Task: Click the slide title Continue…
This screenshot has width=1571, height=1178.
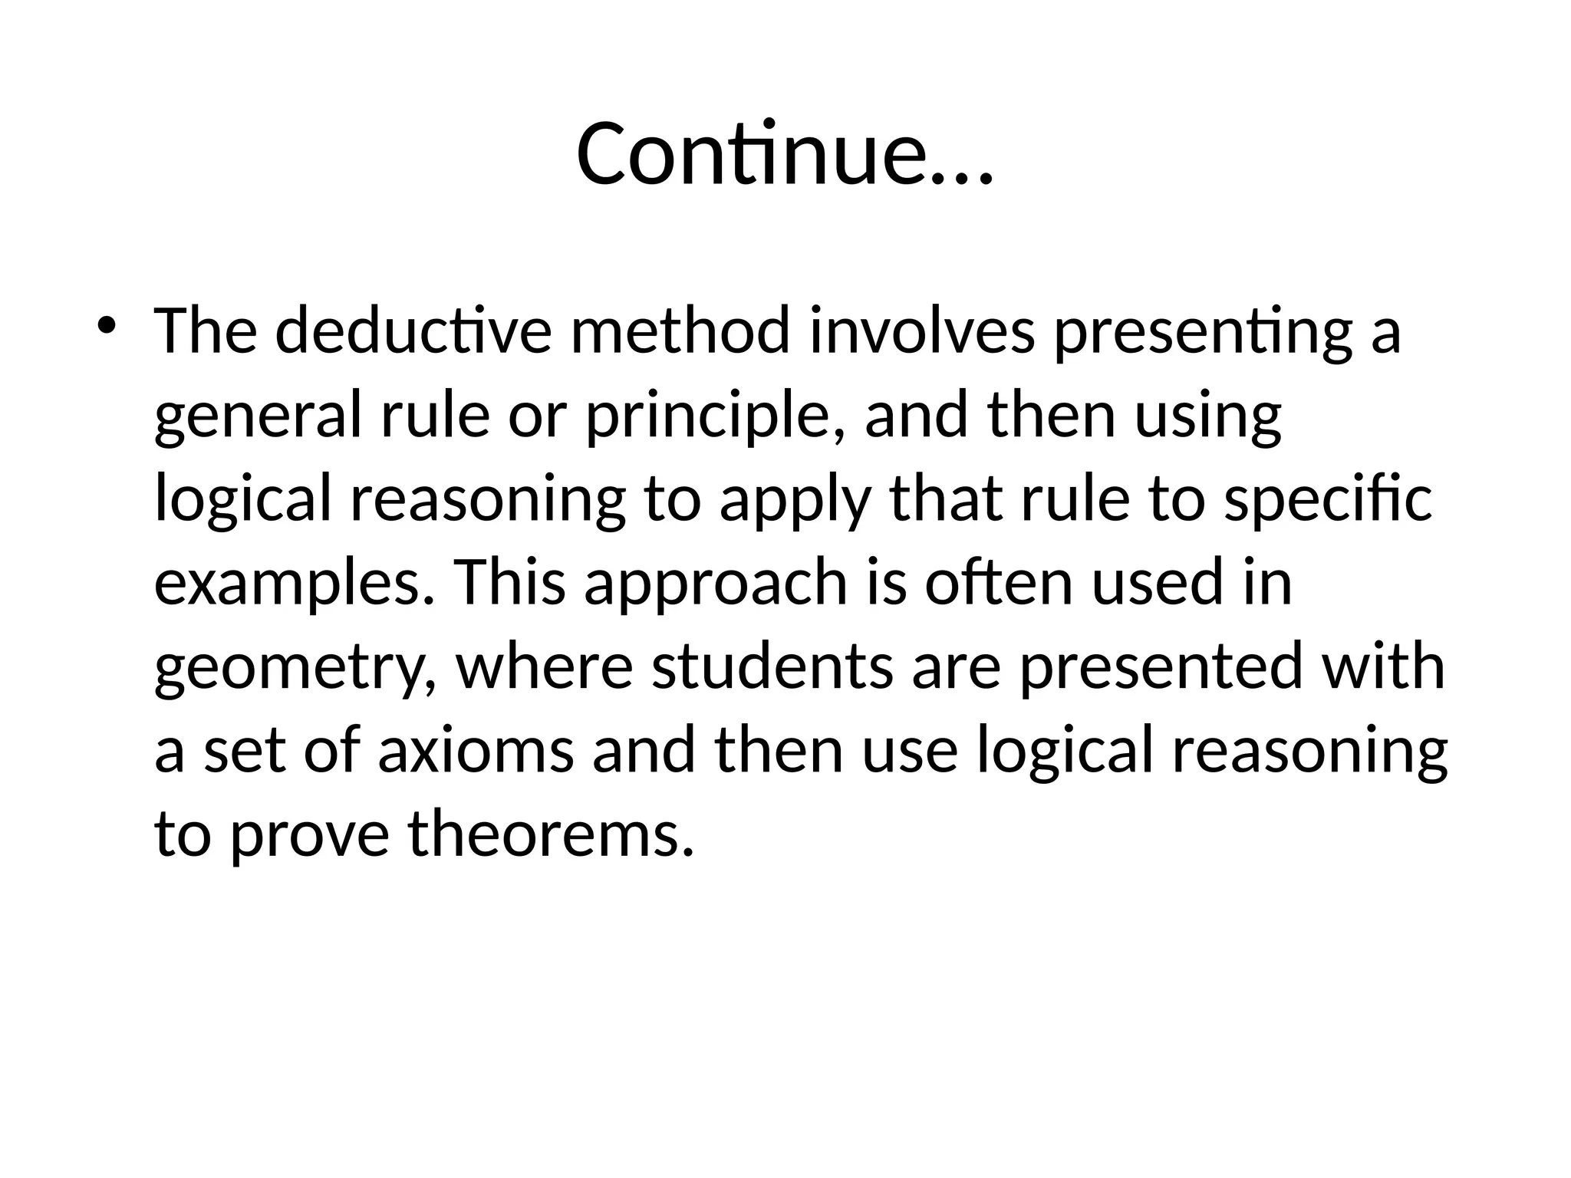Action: tap(785, 154)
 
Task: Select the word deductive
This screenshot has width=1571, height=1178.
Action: tap(413, 331)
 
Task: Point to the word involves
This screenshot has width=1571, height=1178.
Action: tap(922, 331)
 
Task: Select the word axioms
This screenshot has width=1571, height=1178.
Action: tap(476, 750)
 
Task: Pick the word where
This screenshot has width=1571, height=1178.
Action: tap(545, 666)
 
